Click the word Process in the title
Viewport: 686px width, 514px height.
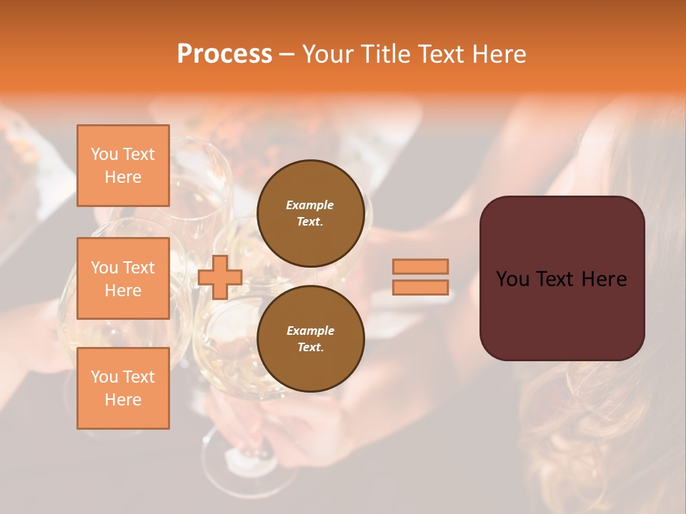[224, 54]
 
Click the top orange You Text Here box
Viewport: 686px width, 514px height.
[123, 166]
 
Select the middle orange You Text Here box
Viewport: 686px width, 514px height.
[123, 278]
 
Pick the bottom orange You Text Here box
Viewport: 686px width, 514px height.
[123, 388]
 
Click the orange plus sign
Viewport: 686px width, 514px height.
[220, 278]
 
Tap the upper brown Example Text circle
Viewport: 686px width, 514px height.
[311, 213]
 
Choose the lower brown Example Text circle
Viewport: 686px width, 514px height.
[311, 339]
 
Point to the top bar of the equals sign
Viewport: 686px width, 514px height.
[421, 266]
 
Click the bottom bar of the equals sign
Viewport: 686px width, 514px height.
[421, 287]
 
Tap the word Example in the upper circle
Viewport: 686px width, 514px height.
[310, 205]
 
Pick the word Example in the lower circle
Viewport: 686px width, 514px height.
[310, 331]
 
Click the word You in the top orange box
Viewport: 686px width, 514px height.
[104, 154]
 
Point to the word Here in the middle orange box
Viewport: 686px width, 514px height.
[123, 291]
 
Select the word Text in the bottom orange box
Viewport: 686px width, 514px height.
[139, 377]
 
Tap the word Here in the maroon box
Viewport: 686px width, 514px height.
[604, 279]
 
